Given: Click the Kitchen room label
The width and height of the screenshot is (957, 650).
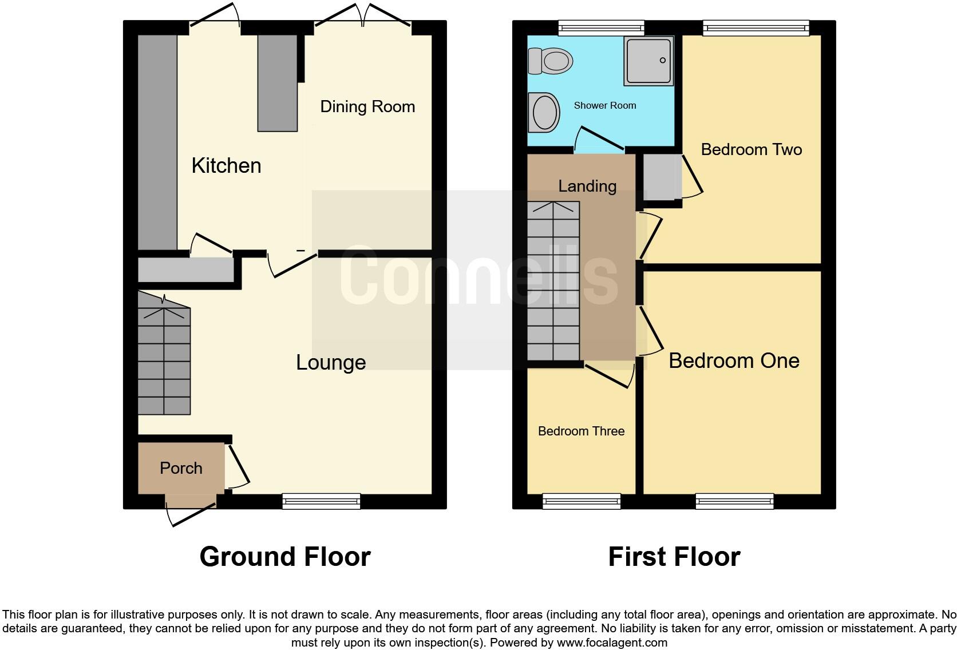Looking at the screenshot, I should pyautogui.click(x=226, y=166).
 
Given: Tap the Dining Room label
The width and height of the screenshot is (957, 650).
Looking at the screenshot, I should pyautogui.click(x=367, y=107).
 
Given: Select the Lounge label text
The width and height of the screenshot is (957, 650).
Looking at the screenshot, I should pyautogui.click(x=331, y=363).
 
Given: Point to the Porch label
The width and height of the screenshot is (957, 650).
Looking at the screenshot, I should pyautogui.click(x=181, y=469).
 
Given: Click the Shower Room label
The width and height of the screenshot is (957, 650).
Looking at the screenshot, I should pyautogui.click(x=605, y=106).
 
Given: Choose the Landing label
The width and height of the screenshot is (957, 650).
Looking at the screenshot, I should pyautogui.click(x=587, y=187).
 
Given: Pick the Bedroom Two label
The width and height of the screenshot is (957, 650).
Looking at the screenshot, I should pyautogui.click(x=751, y=150).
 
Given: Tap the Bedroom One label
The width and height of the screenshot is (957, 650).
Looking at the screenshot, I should pyautogui.click(x=734, y=361).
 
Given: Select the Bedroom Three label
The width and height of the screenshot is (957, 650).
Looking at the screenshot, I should pyautogui.click(x=581, y=431).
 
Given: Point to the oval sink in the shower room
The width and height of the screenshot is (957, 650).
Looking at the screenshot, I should pyautogui.click(x=545, y=112).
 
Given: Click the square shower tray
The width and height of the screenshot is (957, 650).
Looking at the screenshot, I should pyautogui.click(x=648, y=61).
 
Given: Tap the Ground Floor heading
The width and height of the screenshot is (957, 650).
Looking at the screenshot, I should pyautogui.click(x=285, y=557).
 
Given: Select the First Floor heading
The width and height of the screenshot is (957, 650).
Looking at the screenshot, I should pyautogui.click(x=674, y=557).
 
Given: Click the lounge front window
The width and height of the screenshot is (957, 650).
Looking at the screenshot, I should pyautogui.click(x=321, y=502).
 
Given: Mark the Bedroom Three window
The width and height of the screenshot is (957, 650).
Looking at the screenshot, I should pyautogui.click(x=581, y=502).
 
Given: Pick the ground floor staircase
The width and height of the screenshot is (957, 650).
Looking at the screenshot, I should pyautogui.click(x=164, y=360).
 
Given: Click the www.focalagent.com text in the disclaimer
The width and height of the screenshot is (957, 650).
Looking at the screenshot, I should pyautogui.click(x=611, y=643).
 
